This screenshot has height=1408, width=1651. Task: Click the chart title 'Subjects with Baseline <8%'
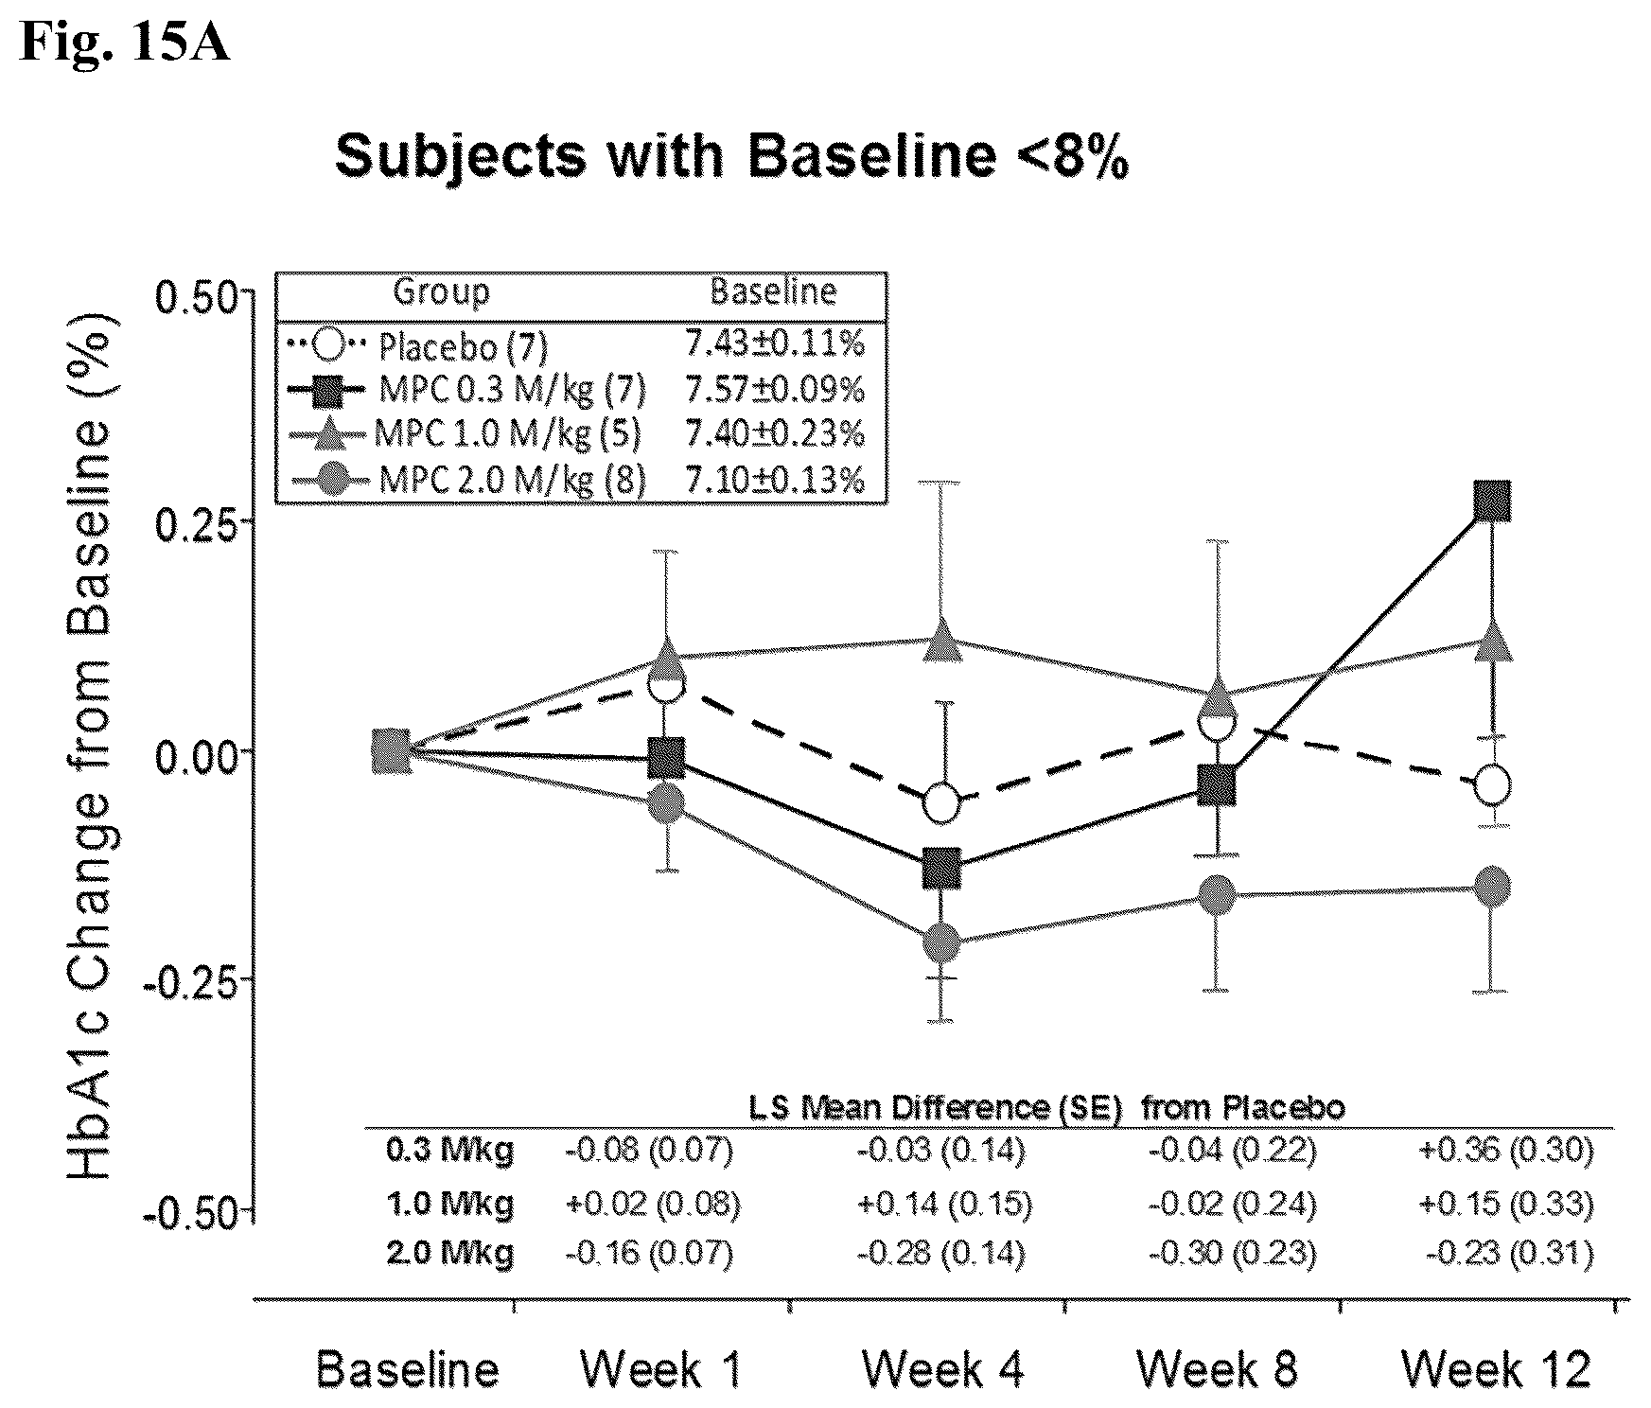(x=731, y=156)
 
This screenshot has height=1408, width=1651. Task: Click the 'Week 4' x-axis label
(x=942, y=1369)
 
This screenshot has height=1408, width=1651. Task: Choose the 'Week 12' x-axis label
(x=1496, y=1369)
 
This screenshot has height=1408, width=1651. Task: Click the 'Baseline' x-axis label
(x=407, y=1369)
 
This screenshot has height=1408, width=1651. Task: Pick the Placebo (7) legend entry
(x=416, y=346)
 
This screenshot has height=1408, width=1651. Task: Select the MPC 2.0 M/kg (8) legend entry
(x=467, y=480)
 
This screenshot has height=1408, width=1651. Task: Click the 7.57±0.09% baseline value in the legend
(x=775, y=389)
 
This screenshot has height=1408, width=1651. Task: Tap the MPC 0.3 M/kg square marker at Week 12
(x=1492, y=501)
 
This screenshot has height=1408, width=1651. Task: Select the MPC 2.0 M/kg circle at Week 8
(x=1217, y=895)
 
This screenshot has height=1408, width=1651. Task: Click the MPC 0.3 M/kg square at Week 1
(x=667, y=758)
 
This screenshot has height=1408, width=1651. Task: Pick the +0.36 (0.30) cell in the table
(x=1506, y=1150)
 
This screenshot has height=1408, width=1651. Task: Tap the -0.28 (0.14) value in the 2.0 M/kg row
(x=941, y=1254)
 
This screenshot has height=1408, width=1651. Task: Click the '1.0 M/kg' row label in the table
(x=450, y=1204)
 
